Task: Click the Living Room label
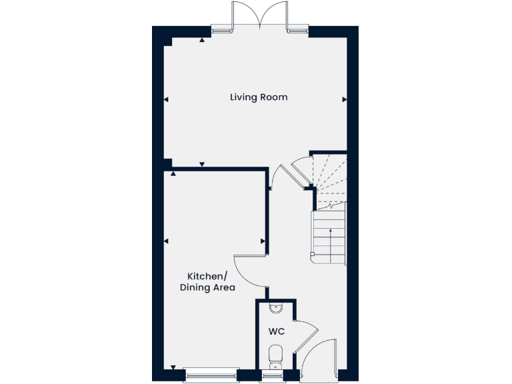click(x=259, y=97)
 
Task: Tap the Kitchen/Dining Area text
click(x=207, y=282)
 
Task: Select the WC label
click(x=277, y=331)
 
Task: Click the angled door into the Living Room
click(x=291, y=175)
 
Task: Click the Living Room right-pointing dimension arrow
click(x=345, y=99)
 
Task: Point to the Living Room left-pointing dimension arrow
click(x=166, y=99)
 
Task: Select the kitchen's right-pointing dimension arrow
click(x=263, y=241)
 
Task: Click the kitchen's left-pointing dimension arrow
click(x=166, y=241)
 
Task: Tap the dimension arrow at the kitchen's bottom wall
click(x=173, y=367)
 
